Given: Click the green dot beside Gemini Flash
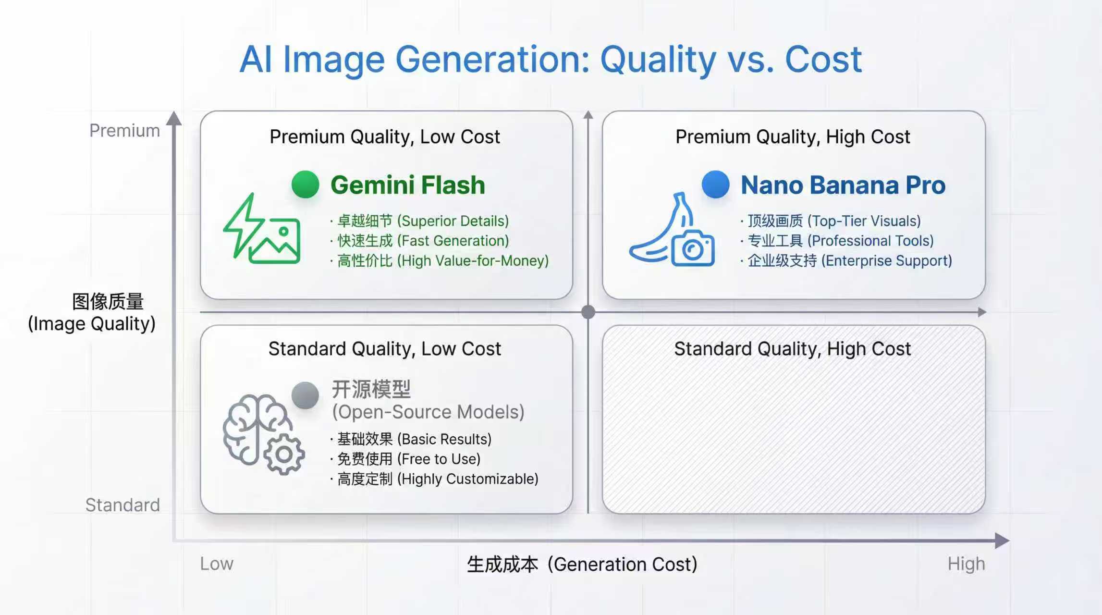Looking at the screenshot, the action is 306,184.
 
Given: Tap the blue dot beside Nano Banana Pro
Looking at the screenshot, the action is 716,184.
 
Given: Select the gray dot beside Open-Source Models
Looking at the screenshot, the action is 306,395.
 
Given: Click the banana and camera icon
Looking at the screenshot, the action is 672,229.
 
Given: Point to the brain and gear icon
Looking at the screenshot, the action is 263,435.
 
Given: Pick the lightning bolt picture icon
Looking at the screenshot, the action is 262,228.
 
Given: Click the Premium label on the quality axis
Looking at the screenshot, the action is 124,131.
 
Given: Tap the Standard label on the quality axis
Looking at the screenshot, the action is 122,505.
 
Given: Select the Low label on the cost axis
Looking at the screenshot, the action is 217,564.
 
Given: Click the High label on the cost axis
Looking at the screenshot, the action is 966,564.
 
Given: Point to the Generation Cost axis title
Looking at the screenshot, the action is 582,564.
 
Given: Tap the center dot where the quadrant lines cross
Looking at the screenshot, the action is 588,312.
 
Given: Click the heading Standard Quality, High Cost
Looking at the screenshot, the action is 793,349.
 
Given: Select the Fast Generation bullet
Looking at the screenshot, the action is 419,241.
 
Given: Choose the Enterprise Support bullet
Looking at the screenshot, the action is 846,261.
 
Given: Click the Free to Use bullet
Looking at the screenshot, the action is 405,459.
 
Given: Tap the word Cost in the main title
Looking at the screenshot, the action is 823,60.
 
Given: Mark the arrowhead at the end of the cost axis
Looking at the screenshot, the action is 1002,541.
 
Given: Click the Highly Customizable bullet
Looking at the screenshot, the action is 434,479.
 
